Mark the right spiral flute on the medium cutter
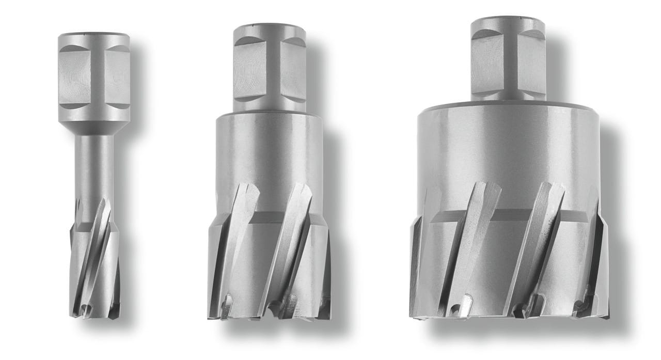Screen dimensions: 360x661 point(290,243)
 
